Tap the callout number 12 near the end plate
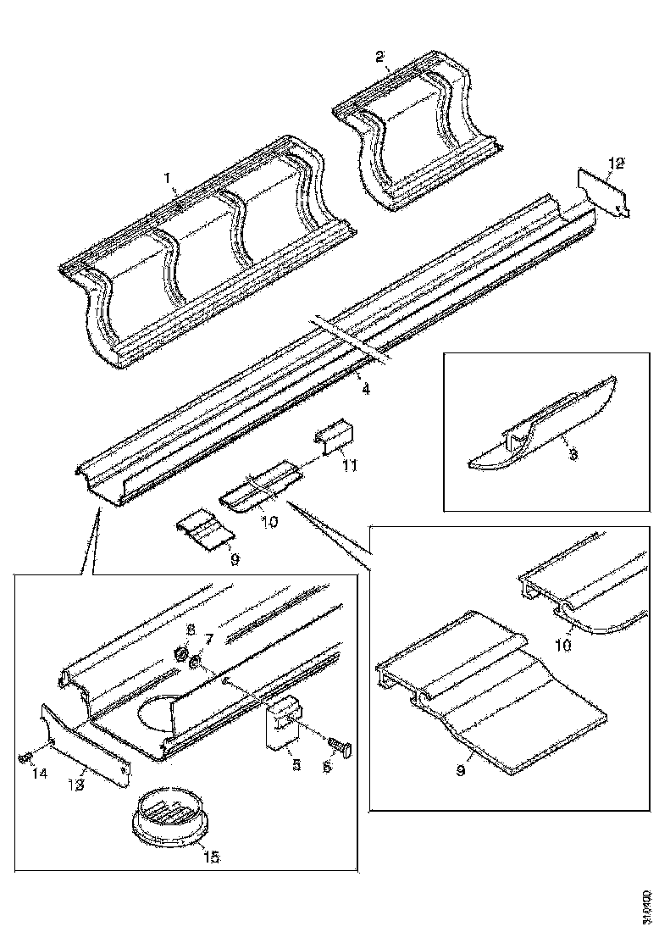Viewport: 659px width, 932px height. (x=616, y=162)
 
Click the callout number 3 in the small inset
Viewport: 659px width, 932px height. (x=573, y=455)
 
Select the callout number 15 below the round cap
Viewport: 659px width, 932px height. (x=210, y=857)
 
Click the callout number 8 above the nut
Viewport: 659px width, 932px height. (x=190, y=630)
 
